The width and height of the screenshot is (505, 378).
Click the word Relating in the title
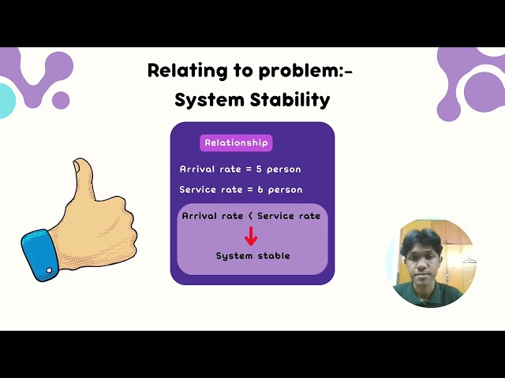click(178, 71)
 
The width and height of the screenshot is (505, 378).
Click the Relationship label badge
click(237, 143)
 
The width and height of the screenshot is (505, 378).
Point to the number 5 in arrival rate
click(259, 169)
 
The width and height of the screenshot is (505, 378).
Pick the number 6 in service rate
click(260, 190)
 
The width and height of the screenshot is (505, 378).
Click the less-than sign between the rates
click(250, 216)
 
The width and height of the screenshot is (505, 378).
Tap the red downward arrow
click(252, 236)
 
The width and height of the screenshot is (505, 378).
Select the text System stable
click(252, 256)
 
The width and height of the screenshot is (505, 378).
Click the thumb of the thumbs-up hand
click(81, 177)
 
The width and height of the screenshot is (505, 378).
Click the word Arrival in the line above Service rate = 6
click(196, 169)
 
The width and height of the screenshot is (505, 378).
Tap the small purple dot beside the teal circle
click(61, 100)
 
